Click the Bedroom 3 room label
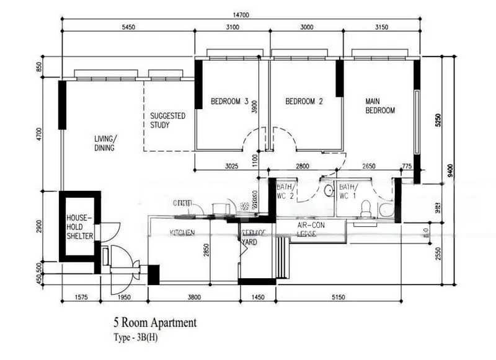click(229, 102)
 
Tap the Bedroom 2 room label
click(304, 102)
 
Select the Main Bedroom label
click(380, 106)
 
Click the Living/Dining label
click(105, 143)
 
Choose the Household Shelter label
click(79, 227)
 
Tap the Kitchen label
click(183, 233)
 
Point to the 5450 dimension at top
click(128, 28)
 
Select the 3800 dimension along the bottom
click(194, 298)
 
